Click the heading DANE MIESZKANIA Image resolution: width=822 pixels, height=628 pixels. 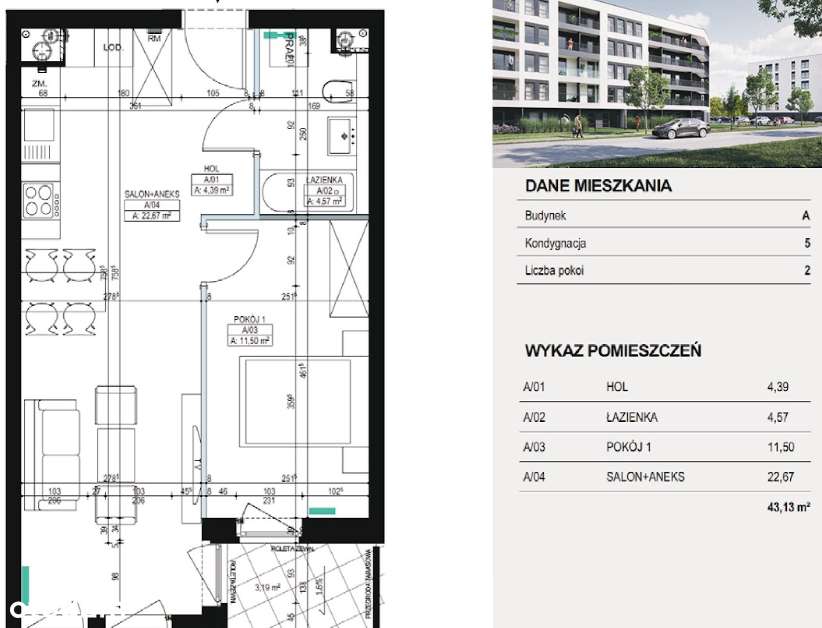[598, 186]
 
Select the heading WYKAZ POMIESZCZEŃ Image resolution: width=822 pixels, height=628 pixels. [612, 351]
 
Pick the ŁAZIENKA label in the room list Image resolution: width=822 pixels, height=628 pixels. [632, 417]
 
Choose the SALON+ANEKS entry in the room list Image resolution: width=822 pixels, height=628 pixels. [645, 477]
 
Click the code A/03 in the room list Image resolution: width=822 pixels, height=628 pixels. [533, 447]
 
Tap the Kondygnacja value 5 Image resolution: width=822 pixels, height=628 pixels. [806, 243]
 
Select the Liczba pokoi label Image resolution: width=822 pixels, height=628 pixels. [554, 270]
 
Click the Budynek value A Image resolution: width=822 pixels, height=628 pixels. [806, 216]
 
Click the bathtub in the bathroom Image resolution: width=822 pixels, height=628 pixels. [283, 194]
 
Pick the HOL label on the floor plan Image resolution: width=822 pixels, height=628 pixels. [211, 169]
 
